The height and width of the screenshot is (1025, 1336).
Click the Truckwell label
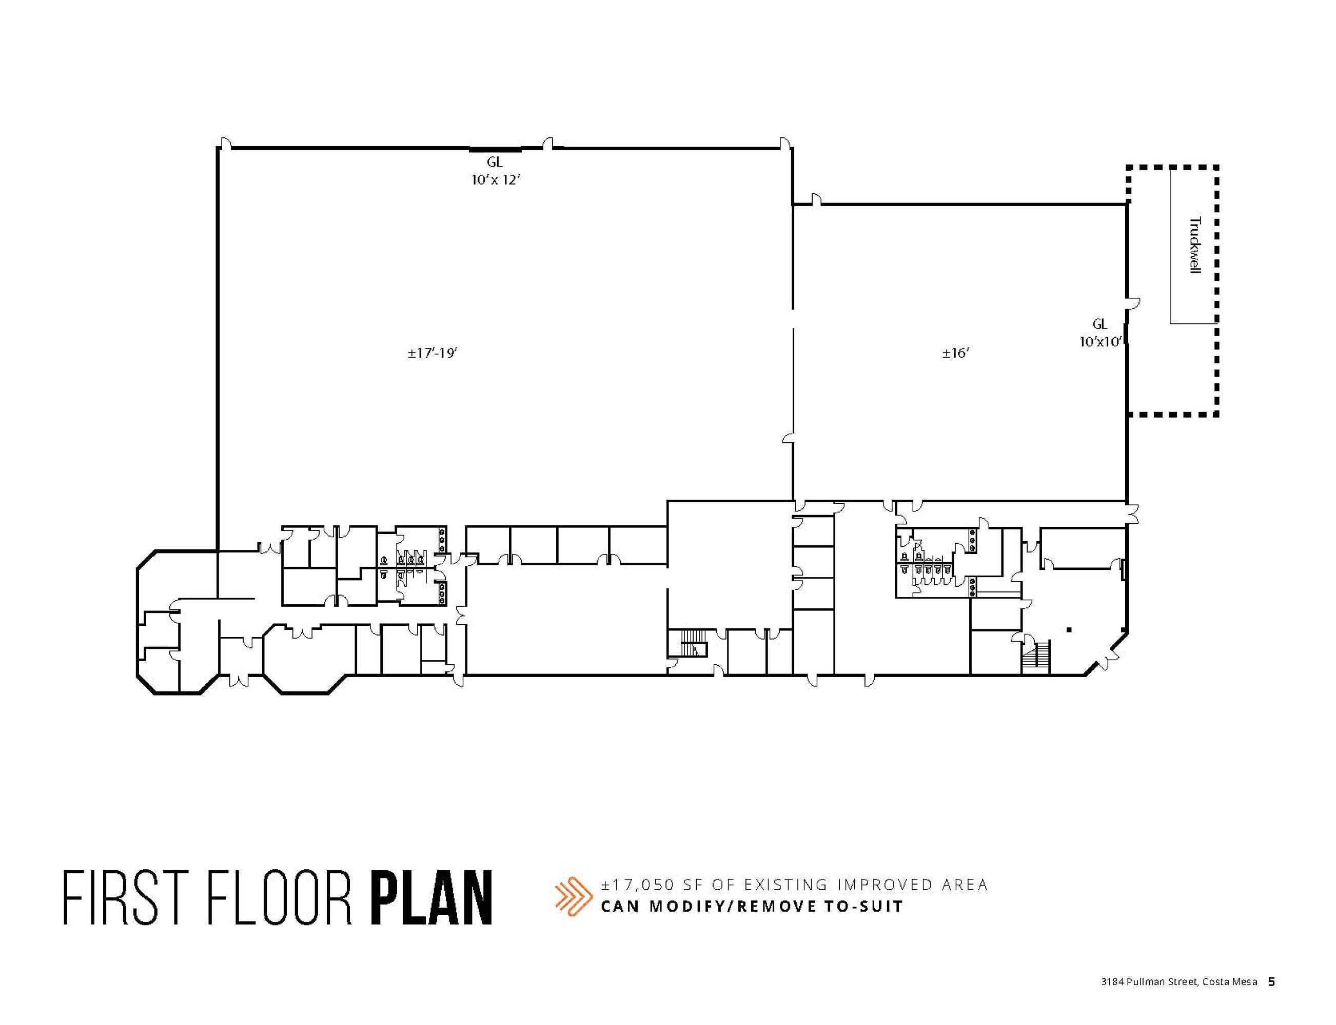[x=1194, y=245]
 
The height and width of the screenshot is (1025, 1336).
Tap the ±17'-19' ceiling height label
[x=433, y=353]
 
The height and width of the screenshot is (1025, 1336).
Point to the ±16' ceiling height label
[x=956, y=353]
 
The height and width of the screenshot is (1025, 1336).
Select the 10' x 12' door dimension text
[x=495, y=180]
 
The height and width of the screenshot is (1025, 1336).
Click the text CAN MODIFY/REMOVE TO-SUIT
[x=752, y=906]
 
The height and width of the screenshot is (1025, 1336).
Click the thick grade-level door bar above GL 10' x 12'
[x=495, y=149]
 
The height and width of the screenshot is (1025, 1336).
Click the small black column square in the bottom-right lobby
[x=1069, y=630]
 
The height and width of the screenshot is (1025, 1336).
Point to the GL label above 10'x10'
[x=1099, y=324]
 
